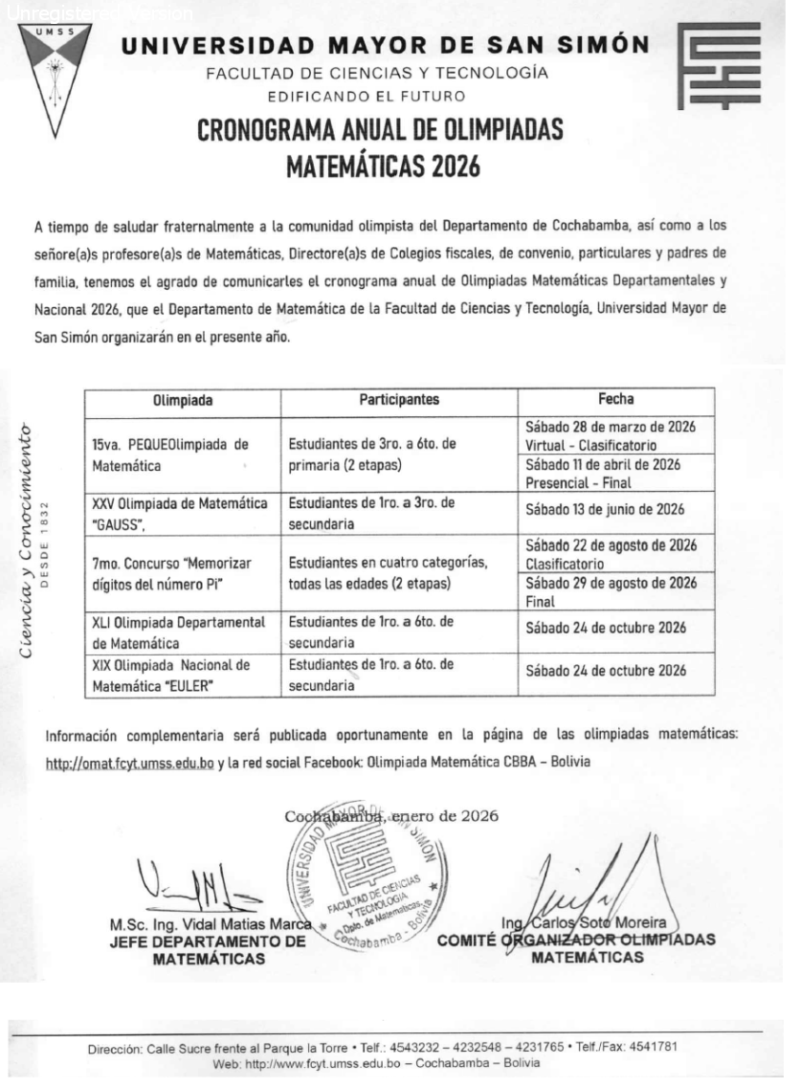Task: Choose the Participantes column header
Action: coord(399,400)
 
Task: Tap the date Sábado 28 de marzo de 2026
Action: coord(610,427)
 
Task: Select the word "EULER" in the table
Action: coord(226,685)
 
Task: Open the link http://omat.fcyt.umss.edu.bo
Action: coord(129,763)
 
